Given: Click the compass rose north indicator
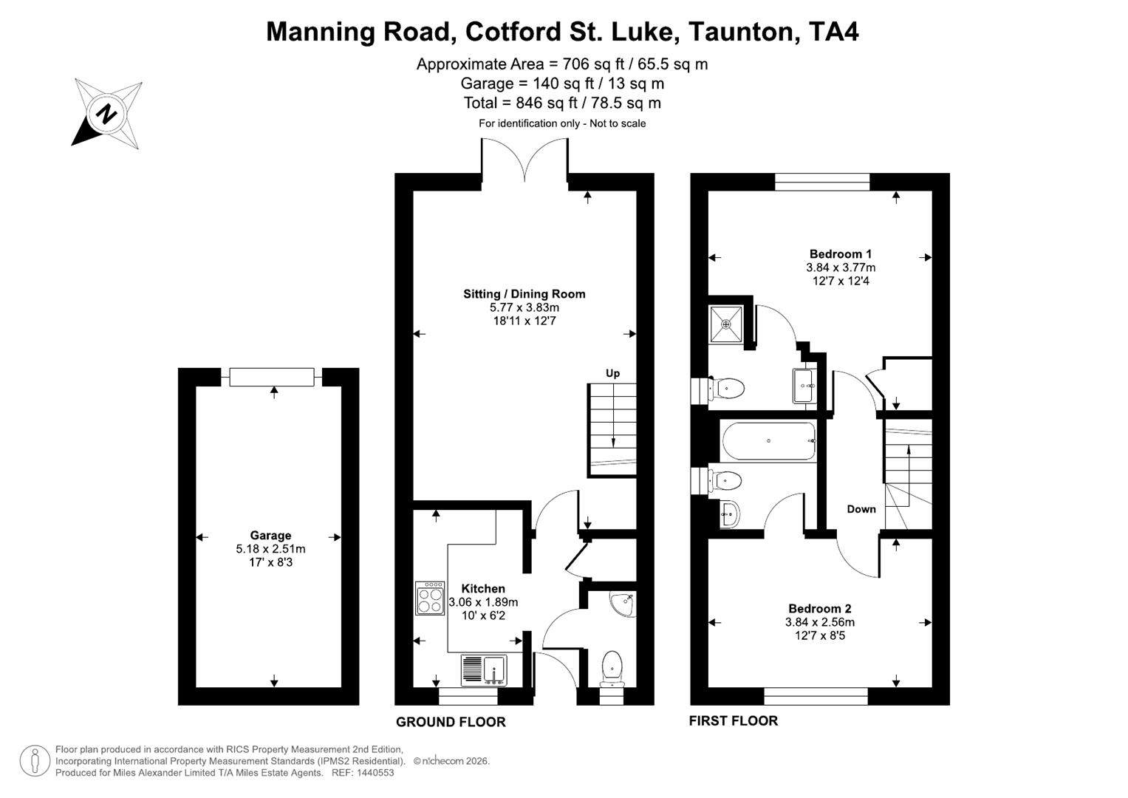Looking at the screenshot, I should (107, 115).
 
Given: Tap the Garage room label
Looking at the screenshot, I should (270, 536).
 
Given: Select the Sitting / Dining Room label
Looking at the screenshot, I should (524, 294).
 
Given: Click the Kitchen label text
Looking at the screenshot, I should (483, 589).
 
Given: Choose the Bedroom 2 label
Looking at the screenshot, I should (819, 609).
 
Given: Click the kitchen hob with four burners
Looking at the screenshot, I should (430, 598).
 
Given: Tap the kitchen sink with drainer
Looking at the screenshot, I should (483, 669).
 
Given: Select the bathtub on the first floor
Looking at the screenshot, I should (768, 441).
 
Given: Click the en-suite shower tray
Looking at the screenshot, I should (726, 324).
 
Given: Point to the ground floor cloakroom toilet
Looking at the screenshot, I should (612, 667).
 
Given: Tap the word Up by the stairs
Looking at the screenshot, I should (612, 373).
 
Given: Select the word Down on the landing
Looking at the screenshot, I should (861, 509).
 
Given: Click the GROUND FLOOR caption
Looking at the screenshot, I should (451, 722).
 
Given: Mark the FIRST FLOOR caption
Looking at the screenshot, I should (733, 720).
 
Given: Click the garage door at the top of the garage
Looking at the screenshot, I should (271, 377).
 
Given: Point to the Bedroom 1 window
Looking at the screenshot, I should (822, 182).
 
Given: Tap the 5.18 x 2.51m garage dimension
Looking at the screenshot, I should (270, 549).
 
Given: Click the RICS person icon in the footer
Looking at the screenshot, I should (35, 761).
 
